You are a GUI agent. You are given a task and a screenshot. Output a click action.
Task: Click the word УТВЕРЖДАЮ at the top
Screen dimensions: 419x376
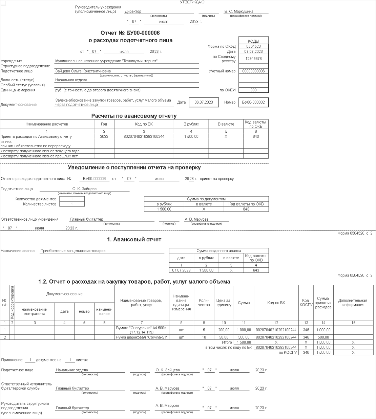point(192,2)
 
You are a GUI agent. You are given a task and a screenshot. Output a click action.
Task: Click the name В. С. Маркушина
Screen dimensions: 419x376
point(239,12)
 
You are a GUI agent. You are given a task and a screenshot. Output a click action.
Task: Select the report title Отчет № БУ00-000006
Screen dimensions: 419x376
point(130,33)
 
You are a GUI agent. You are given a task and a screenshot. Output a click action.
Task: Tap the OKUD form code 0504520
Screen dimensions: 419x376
point(253,46)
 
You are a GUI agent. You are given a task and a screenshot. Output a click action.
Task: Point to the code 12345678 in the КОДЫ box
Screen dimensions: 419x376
point(253,59)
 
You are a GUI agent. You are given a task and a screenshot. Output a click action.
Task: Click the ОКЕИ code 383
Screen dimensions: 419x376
point(253,90)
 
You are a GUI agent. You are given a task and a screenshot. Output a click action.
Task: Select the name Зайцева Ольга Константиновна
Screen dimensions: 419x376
point(83,71)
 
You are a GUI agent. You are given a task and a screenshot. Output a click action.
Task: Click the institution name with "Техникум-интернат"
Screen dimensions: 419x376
point(106,61)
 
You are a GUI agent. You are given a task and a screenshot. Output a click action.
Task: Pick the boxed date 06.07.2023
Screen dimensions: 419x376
point(204,102)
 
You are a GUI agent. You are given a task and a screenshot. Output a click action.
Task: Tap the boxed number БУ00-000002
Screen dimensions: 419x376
point(253,102)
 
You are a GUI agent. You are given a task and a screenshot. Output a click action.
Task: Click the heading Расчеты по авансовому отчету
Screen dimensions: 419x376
point(134,116)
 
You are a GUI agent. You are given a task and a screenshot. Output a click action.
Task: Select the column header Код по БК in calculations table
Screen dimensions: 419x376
point(144,124)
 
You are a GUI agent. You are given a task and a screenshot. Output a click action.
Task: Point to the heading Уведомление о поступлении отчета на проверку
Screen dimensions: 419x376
point(134,168)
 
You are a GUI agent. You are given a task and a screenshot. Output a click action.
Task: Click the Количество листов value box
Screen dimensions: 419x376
point(72,204)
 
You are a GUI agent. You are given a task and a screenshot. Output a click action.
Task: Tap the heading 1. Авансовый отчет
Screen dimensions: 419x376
point(134,240)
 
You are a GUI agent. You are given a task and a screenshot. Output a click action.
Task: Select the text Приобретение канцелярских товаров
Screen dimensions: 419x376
point(73,251)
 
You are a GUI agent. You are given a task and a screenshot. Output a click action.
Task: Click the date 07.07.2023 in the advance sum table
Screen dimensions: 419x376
point(181,270)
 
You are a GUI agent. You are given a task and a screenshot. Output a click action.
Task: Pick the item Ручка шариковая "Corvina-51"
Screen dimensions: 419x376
point(142,337)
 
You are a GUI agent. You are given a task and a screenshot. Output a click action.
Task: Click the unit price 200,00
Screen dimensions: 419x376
point(224,330)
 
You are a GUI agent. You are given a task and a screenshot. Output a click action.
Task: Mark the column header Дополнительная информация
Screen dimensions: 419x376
point(353,303)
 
